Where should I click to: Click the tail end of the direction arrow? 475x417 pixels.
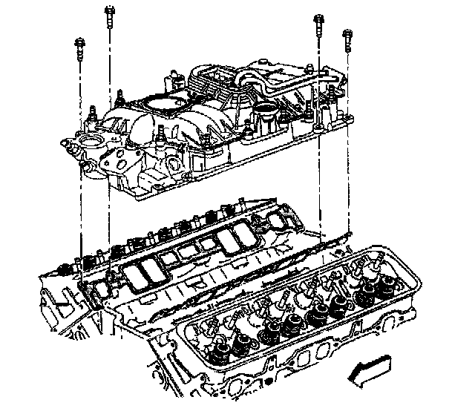(389, 362)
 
